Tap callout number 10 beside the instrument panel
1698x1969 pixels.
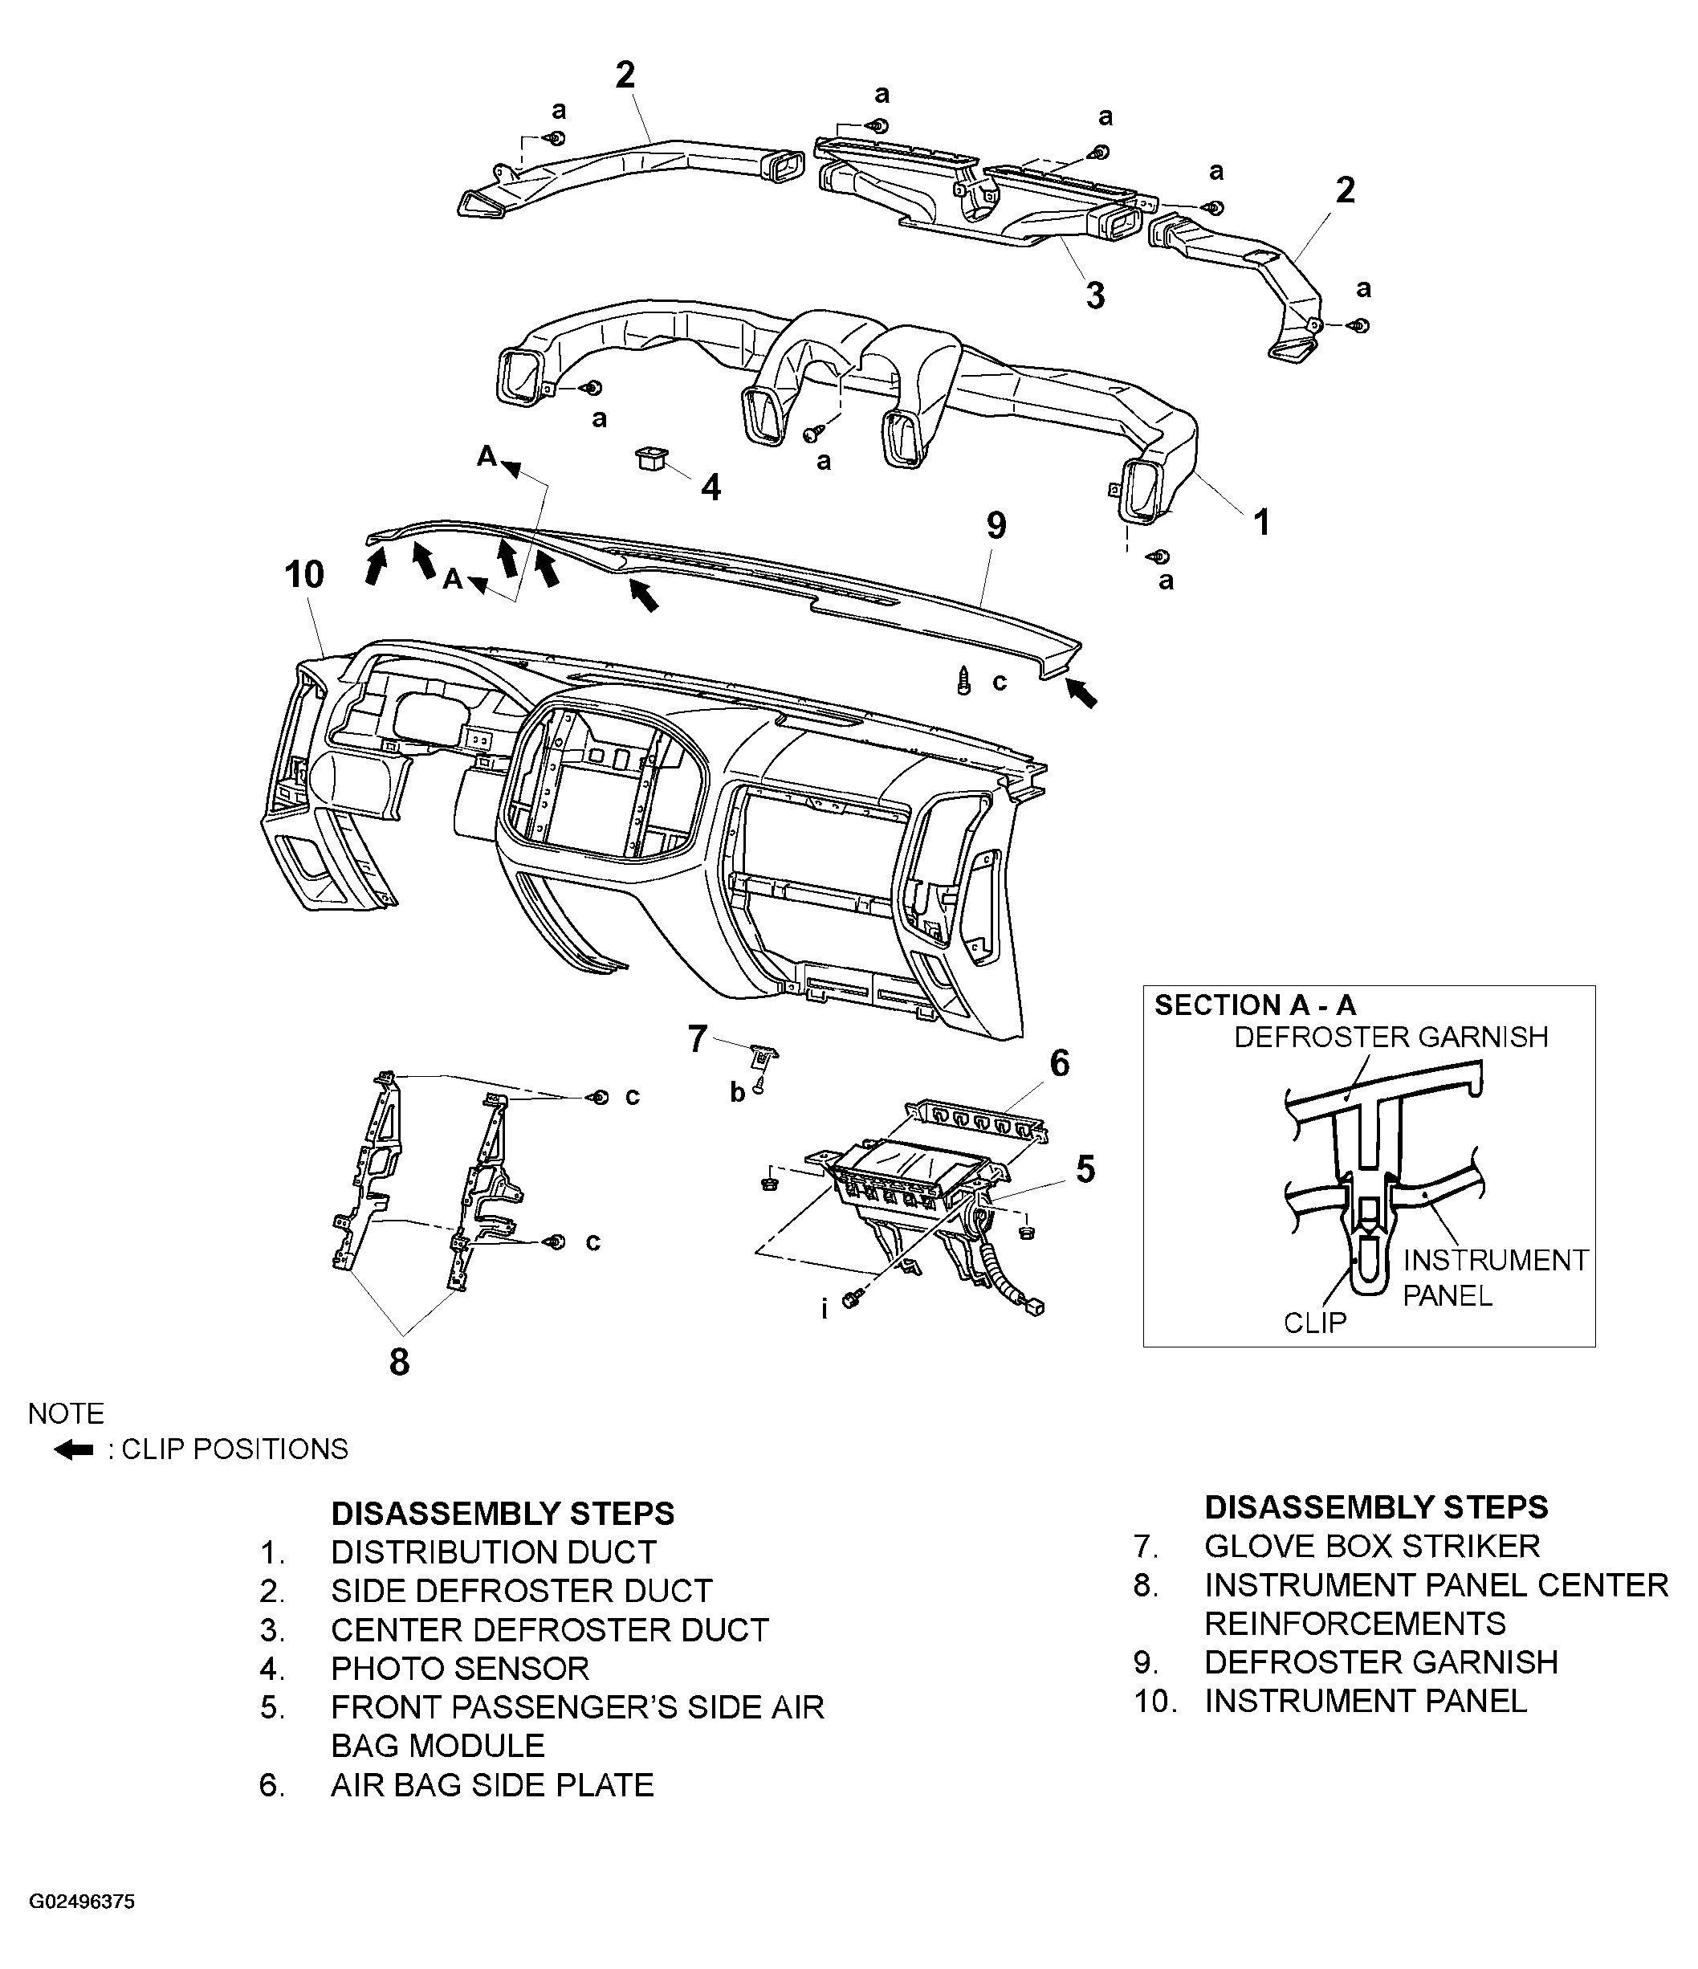pos(304,575)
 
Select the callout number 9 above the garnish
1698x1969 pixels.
pos(996,525)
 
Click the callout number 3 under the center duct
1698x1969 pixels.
pos(1096,296)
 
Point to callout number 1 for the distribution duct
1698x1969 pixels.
pos(1262,522)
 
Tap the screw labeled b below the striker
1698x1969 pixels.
pos(759,1089)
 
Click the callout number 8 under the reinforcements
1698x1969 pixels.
pos(399,1362)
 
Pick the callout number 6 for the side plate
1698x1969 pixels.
pos(1060,1062)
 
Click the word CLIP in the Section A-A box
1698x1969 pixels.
pos(1314,1323)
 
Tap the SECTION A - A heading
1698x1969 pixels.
pos(1254,1005)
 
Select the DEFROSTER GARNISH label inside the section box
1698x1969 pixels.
pos(1391,1037)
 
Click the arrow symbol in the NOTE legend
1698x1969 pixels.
pos(73,1450)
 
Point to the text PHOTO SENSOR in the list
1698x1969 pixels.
pos(460,1668)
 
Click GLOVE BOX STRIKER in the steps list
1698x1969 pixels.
pos(1371,1546)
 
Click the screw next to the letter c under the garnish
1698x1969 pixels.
pos(963,681)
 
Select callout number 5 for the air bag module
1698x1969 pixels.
pos(1085,1170)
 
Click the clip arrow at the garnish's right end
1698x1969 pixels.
pos(1081,694)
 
